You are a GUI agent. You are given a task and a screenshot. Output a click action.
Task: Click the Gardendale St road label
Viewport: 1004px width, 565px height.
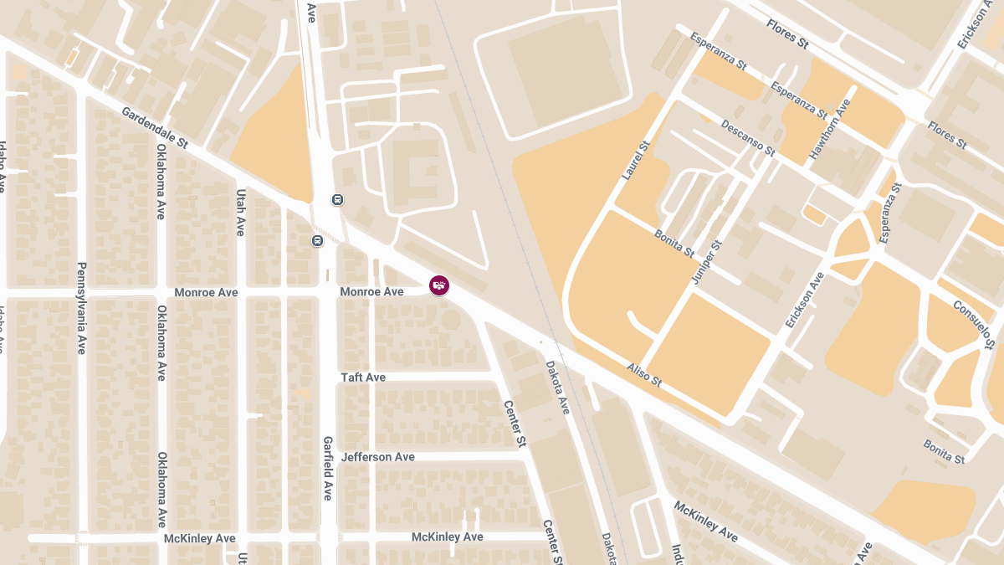155,128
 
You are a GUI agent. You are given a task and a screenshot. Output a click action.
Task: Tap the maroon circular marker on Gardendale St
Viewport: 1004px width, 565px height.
438,285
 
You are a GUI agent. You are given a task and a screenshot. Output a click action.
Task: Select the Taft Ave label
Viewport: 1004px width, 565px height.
363,378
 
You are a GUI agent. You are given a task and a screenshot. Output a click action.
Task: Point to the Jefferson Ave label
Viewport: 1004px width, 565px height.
378,457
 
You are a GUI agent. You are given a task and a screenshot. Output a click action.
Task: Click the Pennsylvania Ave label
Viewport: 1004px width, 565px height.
81,308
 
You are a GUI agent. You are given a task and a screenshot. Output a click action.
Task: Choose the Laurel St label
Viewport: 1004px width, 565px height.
636,162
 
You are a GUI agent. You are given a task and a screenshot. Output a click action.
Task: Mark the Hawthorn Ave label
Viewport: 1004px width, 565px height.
830,130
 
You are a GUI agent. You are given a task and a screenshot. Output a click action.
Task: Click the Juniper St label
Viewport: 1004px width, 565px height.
708,260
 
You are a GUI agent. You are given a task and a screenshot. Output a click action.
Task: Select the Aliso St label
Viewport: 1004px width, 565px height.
644,375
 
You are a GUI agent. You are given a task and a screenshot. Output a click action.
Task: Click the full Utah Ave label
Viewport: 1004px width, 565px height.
240,213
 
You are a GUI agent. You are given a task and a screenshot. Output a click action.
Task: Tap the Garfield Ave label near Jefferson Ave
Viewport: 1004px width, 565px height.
328,468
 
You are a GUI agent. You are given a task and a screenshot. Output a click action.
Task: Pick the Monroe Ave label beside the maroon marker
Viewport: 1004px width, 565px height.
371,292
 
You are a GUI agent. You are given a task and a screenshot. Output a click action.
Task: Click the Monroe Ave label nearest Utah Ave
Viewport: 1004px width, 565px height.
206,292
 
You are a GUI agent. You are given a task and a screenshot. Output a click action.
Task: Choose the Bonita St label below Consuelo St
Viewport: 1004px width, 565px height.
944,451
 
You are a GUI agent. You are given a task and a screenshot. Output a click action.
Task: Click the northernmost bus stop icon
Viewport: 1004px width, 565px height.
337,200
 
